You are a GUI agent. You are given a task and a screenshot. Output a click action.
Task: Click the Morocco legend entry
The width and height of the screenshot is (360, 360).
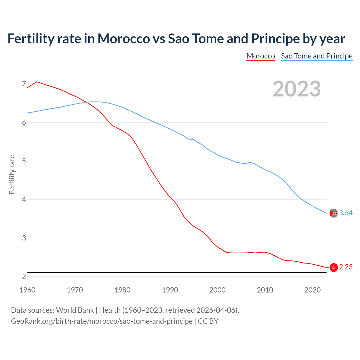click(x=261, y=56)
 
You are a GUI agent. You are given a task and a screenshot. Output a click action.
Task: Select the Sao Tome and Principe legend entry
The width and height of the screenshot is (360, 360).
click(x=317, y=56)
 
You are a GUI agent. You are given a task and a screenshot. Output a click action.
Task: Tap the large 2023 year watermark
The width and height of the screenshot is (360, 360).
click(x=297, y=89)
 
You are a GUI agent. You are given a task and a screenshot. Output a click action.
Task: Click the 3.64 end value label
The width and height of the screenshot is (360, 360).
click(x=346, y=213)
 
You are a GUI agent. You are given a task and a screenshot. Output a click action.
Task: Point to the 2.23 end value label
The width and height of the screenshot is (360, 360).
click(x=346, y=267)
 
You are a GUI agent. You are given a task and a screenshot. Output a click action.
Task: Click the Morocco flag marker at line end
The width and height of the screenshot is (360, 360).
click(x=334, y=267)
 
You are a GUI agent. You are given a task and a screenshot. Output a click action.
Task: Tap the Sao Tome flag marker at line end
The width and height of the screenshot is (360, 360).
click(x=334, y=213)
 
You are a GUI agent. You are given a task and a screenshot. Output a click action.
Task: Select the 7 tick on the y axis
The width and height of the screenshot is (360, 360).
click(x=24, y=84)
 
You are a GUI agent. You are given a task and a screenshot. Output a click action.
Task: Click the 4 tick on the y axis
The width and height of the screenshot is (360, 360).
click(x=24, y=199)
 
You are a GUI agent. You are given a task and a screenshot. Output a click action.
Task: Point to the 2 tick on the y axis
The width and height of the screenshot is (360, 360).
click(x=24, y=276)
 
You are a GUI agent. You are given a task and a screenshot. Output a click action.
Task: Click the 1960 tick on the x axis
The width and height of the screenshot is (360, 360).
click(x=27, y=290)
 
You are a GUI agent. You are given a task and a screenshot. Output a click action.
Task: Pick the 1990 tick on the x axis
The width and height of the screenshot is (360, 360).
click(x=170, y=290)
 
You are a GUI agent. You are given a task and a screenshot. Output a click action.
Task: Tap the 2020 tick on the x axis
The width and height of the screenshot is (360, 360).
click(x=312, y=290)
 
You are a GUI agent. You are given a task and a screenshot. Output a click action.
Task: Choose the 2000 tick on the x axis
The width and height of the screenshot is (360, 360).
click(x=217, y=290)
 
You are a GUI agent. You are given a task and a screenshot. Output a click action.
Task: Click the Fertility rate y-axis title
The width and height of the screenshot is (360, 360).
click(x=12, y=174)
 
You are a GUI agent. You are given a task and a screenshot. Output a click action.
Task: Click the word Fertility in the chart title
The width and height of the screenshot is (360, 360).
click(x=30, y=39)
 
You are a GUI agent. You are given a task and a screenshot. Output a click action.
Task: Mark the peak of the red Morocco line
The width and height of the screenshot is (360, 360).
click(x=37, y=82)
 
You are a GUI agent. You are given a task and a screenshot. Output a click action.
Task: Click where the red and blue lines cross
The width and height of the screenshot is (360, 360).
click(x=85, y=102)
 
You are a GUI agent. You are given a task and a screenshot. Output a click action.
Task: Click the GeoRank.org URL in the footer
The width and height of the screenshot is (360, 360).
click(x=102, y=321)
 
